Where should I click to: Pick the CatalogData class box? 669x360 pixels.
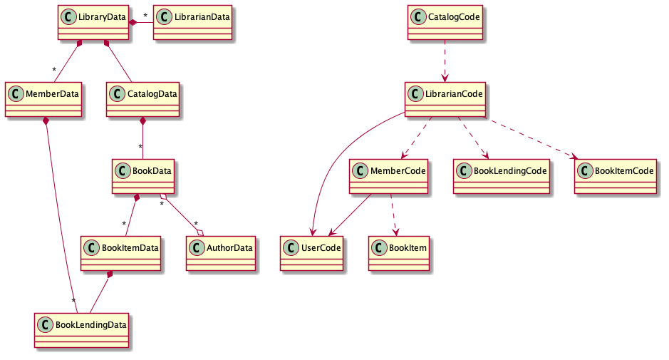142,99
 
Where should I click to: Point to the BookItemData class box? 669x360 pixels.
120,253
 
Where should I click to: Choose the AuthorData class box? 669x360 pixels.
220,253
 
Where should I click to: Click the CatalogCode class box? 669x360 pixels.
445,23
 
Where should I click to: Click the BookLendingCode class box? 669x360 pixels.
502,176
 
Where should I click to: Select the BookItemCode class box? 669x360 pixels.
616,176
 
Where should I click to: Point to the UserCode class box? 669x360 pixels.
311,253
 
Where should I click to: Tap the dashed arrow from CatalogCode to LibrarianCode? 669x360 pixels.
445,61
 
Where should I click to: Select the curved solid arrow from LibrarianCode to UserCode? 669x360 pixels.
335,164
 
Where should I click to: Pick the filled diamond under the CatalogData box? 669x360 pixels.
142,122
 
